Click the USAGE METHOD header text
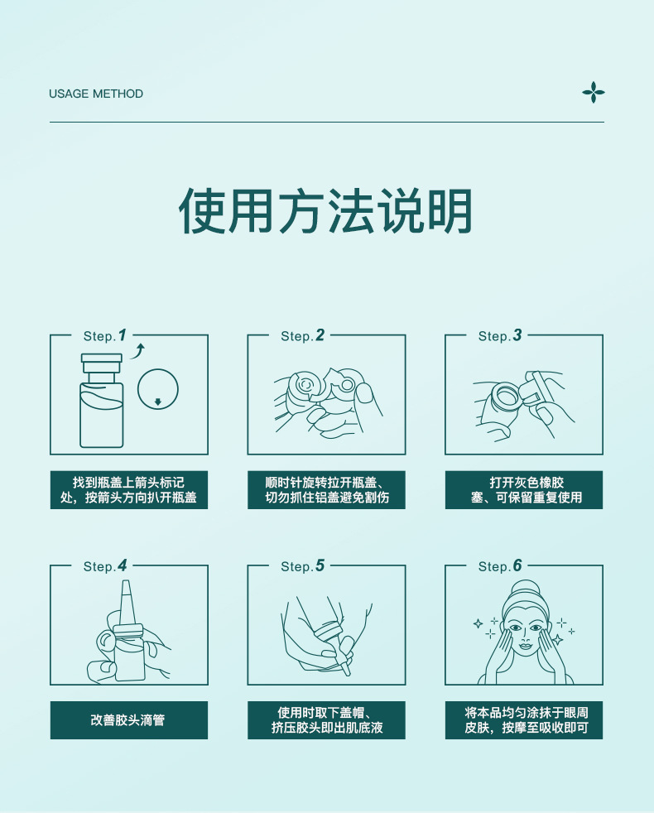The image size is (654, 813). (96, 94)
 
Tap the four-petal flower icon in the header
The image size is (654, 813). (594, 92)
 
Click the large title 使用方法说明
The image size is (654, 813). (325, 211)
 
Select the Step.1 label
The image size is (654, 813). (105, 335)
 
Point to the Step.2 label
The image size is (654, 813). (302, 335)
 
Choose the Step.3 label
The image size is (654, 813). (500, 335)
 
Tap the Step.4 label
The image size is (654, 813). (105, 565)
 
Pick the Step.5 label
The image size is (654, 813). (302, 565)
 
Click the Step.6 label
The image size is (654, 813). (500, 565)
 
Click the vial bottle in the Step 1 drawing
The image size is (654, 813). (102, 400)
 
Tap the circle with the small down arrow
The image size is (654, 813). (157, 389)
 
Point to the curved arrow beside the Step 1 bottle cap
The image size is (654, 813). (137, 351)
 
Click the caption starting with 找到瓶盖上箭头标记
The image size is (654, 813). (128, 490)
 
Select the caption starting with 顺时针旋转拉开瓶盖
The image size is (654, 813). (326, 490)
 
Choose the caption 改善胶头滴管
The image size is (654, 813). (127, 720)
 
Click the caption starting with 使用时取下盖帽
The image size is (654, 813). (327, 720)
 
